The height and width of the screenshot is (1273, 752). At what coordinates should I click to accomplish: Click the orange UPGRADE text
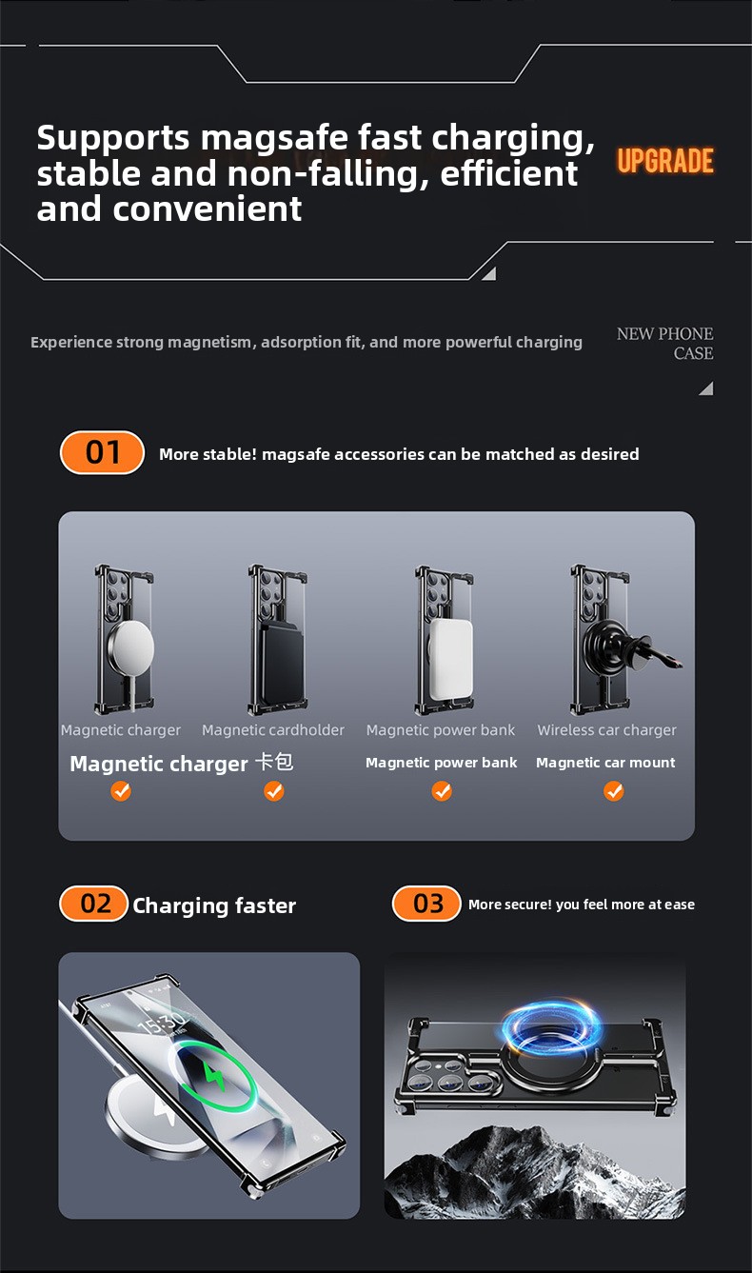(x=665, y=160)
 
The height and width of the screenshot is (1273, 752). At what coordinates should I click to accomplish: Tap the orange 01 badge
(x=102, y=452)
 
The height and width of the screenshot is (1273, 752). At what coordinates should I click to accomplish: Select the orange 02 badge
(x=93, y=904)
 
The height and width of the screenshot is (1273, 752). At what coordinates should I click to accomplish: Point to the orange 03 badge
(x=426, y=904)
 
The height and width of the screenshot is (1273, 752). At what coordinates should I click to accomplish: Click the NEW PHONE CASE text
(x=665, y=344)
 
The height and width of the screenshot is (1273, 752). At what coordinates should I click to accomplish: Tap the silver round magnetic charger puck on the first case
(x=131, y=646)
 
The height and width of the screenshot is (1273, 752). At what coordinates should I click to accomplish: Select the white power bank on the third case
(x=450, y=659)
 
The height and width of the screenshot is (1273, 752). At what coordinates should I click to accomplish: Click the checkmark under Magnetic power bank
(x=442, y=791)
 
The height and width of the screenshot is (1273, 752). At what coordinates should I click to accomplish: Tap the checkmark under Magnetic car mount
(x=613, y=791)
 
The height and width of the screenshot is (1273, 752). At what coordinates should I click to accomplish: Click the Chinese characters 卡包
(x=274, y=762)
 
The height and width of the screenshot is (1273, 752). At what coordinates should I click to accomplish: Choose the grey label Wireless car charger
(x=606, y=730)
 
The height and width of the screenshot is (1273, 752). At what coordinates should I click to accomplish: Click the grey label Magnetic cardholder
(x=273, y=730)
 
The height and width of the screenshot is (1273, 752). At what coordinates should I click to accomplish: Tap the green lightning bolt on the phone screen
(x=213, y=1075)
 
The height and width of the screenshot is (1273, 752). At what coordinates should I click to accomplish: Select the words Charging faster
(x=214, y=905)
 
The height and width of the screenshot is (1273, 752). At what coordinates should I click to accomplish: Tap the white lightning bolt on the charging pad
(x=164, y=1110)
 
